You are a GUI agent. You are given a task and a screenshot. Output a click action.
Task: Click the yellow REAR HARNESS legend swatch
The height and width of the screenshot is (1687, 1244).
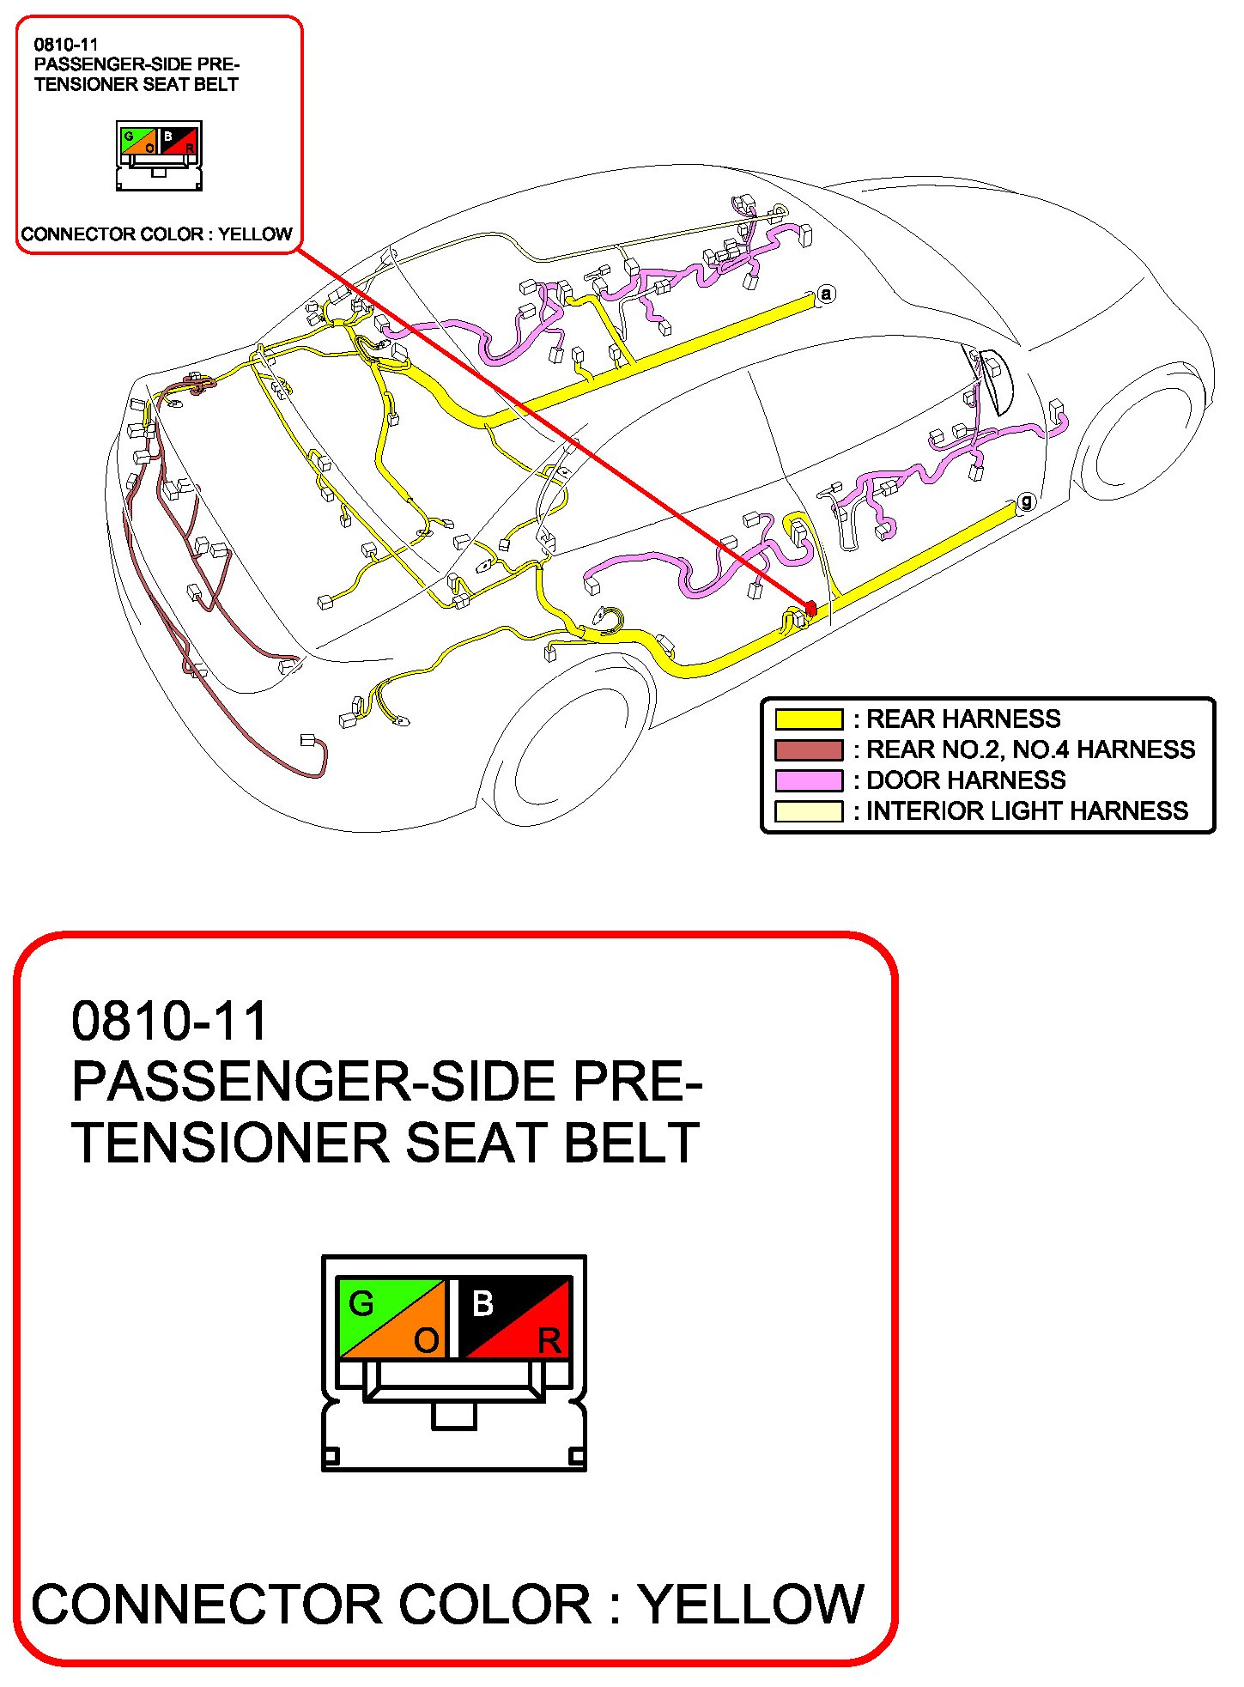click(x=808, y=719)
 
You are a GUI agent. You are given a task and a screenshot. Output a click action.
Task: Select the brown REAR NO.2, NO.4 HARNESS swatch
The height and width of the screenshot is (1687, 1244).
click(x=808, y=749)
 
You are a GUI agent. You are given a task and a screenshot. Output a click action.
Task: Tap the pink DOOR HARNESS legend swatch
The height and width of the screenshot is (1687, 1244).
click(x=808, y=780)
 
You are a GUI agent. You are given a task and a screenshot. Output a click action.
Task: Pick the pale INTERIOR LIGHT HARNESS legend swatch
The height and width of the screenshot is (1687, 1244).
click(x=808, y=811)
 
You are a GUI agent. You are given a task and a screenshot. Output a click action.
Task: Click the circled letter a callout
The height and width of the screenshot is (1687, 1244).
click(x=826, y=294)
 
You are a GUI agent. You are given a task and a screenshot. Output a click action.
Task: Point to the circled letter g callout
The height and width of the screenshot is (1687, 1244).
click(x=1026, y=502)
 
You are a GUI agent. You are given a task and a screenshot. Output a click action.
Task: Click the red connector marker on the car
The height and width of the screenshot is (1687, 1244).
click(x=810, y=608)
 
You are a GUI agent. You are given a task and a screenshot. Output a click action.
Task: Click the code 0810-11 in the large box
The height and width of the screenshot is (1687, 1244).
click(x=169, y=1021)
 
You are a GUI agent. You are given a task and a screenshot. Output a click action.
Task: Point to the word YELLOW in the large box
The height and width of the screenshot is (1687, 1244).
click(x=751, y=1604)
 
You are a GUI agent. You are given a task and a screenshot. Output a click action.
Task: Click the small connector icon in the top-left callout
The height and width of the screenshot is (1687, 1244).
click(x=159, y=155)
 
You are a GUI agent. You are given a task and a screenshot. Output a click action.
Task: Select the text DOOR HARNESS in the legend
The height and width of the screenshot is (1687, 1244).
click(x=966, y=780)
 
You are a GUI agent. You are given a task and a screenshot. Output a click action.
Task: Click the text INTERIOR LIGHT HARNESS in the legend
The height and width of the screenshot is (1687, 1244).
click(x=1027, y=811)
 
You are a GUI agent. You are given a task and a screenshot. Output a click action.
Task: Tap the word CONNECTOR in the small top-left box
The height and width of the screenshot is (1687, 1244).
click(x=77, y=234)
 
